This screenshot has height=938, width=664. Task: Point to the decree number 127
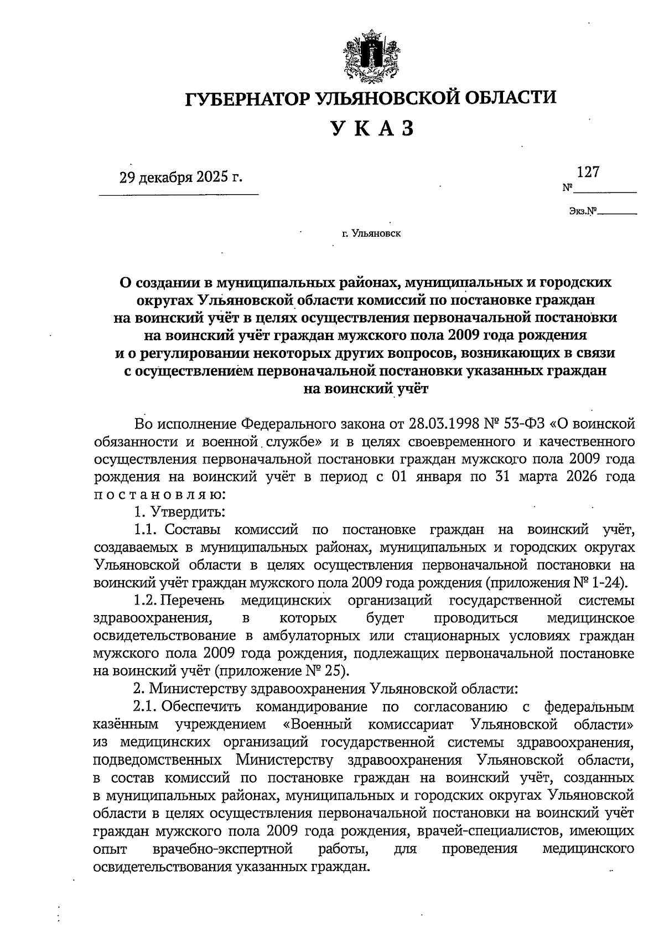point(588,172)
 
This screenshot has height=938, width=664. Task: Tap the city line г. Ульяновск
point(371,233)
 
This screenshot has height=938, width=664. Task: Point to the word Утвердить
point(185,512)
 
